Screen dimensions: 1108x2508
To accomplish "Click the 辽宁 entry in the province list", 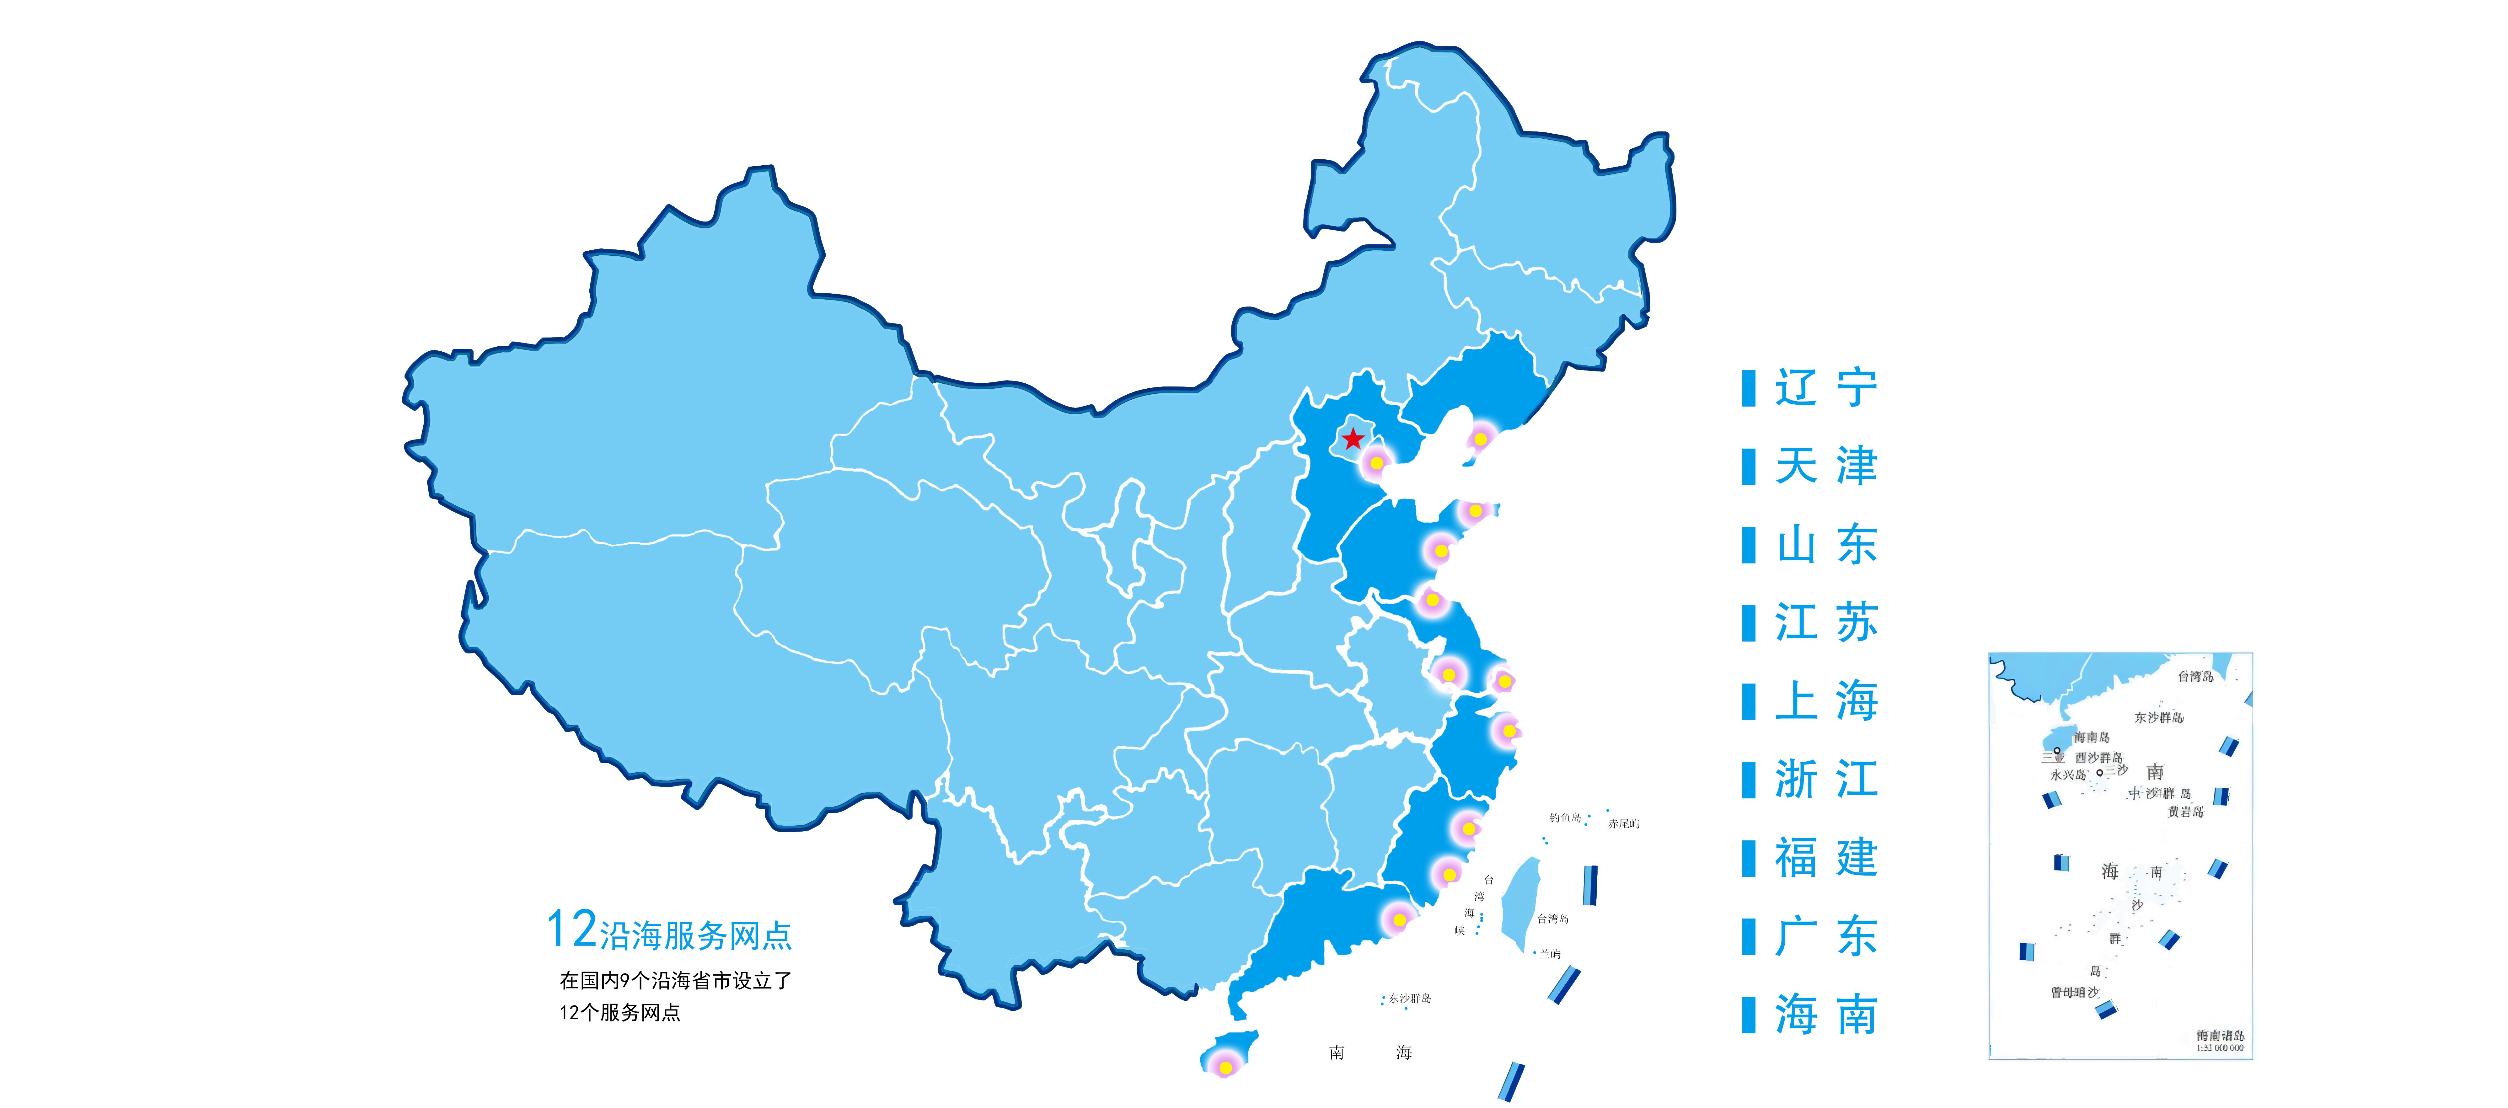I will [x=1825, y=387].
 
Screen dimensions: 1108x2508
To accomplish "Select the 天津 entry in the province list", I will [x=1825, y=466].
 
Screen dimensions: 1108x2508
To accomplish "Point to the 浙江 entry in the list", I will [x=1825, y=779].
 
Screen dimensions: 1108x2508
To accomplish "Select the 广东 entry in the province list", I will [x=1825, y=936].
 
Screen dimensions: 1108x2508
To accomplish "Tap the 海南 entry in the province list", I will [x=1825, y=1015].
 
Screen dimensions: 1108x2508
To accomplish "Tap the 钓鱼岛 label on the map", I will [x=1565, y=818].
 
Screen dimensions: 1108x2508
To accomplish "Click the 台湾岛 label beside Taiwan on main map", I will [x=1553, y=918].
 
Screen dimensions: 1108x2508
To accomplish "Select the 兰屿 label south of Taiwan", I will [x=1550, y=954].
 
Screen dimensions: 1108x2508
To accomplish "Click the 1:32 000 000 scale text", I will [x=2220, y=1049].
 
